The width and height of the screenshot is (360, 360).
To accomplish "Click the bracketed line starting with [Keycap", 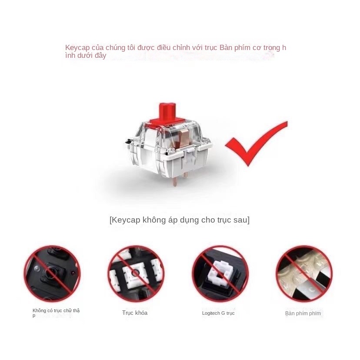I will click(x=180, y=220).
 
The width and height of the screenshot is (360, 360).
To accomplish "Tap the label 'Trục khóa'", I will click(x=135, y=313).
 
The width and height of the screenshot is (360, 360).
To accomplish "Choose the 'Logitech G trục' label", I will click(x=218, y=313).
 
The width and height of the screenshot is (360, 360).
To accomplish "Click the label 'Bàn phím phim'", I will click(x=303, y=313).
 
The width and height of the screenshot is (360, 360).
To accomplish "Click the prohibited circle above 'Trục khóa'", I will click(x=136, y=273).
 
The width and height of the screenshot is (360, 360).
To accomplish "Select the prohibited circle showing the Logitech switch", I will click(x=220, y=273).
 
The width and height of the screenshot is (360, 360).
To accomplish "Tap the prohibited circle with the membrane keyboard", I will click(x=304, y=273).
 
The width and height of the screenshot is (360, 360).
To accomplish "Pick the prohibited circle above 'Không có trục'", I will click(x=52, y=273).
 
